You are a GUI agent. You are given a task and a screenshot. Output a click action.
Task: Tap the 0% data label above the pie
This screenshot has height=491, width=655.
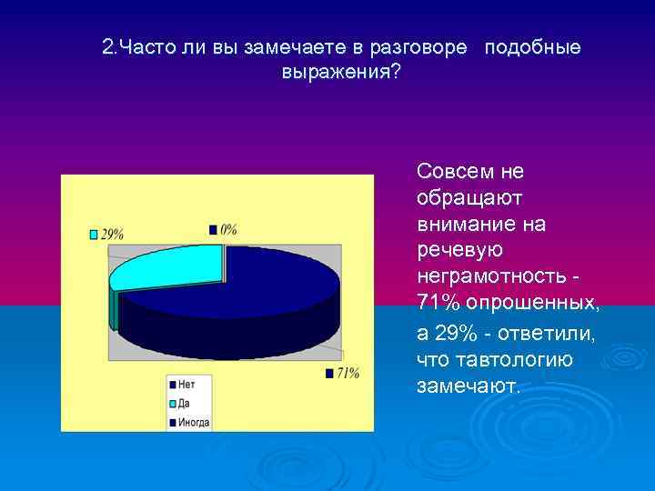pos(227,229)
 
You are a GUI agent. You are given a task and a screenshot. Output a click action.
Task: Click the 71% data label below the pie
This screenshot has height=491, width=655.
pos(347,373)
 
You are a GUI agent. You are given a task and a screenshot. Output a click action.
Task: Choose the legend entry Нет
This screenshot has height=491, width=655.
pos(186,385)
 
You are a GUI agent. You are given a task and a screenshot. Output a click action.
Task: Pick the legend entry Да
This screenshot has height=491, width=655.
pos(185,403)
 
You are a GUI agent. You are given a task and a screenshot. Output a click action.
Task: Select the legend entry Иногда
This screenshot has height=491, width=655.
pos(194,422)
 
